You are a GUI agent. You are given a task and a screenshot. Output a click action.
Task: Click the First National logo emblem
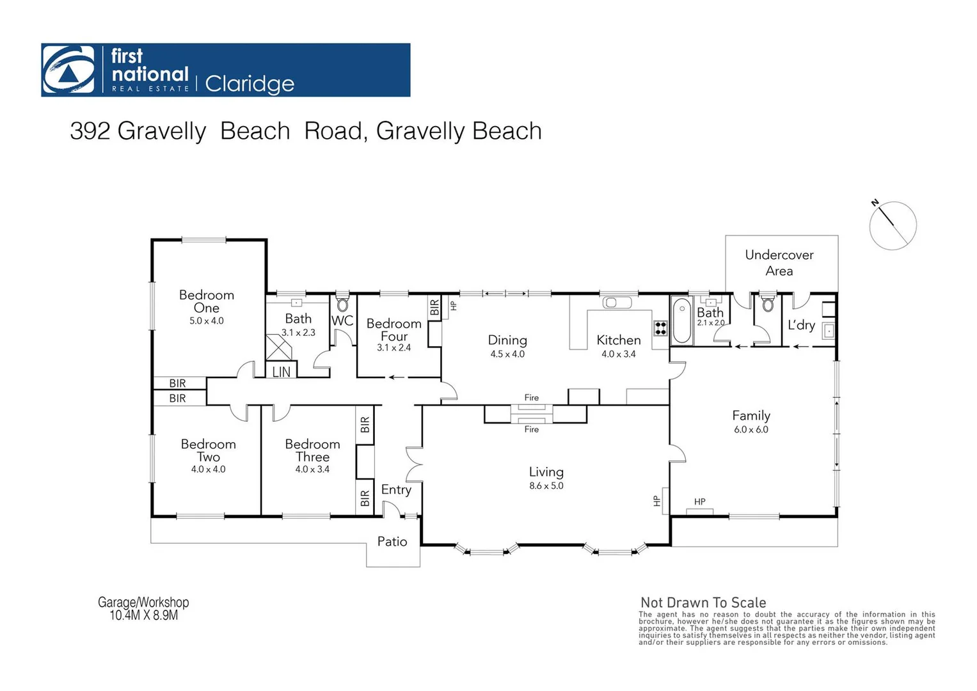(68, 70)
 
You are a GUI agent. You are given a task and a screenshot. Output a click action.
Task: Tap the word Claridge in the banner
(250, 84)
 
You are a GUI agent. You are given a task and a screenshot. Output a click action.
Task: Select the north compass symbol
(893, 225)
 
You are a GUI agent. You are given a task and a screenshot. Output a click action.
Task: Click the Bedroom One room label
(206, 301)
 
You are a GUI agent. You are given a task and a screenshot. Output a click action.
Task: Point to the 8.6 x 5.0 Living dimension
(546, 486)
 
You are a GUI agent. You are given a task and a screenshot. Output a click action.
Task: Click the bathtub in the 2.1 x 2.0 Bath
(681, 322)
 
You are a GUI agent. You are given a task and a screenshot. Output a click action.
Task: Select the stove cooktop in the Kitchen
(660, 328)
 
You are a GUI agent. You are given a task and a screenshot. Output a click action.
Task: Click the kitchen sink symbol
(617, 302)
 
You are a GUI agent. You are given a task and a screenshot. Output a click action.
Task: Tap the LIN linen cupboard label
(281, 372)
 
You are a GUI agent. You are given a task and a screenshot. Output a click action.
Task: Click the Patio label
(392, 542)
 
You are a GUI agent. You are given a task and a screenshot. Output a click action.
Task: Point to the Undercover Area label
(779, 262)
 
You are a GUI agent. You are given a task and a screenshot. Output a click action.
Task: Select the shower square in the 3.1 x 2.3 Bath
(278, 347)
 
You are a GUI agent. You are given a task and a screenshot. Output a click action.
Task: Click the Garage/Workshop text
(143, 602)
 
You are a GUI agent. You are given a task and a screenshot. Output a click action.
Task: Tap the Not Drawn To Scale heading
(703, 602)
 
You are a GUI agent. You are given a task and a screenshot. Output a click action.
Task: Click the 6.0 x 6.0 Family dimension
(751, 429)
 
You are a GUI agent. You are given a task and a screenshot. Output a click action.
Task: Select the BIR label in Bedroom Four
(434, 308)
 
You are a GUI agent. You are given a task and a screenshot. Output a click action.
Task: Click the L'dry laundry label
(801, 325)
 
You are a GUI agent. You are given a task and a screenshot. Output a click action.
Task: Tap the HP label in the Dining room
(453, 306)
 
